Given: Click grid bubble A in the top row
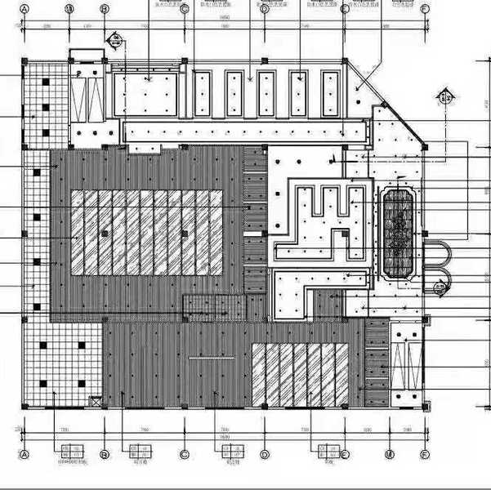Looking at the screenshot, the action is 25,8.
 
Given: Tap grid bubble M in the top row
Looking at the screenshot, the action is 70,8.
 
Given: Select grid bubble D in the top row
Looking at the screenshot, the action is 265,8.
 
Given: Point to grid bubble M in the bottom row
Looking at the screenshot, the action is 390,454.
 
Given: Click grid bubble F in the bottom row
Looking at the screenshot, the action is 425,454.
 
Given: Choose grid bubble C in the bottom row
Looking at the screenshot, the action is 185,454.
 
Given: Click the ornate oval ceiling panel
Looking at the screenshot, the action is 400,234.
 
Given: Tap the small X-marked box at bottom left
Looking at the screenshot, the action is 95,401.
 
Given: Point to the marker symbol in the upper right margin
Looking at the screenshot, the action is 443,96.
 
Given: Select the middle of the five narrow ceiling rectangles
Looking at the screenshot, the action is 265,92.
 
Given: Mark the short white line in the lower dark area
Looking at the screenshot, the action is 212,358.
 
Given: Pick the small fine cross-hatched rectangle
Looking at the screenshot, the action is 214,305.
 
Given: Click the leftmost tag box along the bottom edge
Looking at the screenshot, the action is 70,450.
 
